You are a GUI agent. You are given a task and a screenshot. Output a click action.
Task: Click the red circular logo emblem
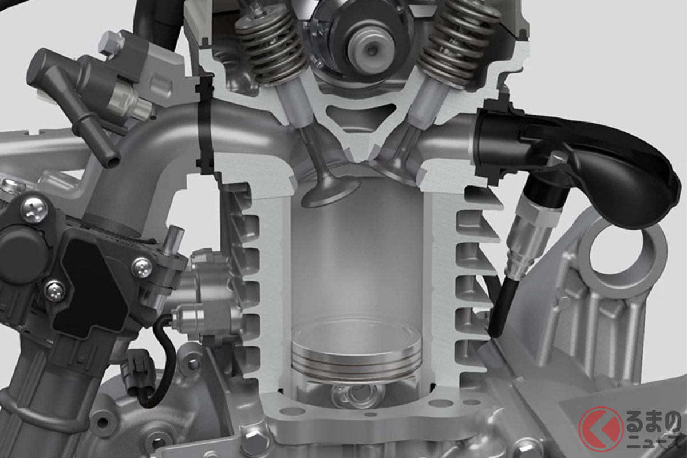click(x=601, y=429)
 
